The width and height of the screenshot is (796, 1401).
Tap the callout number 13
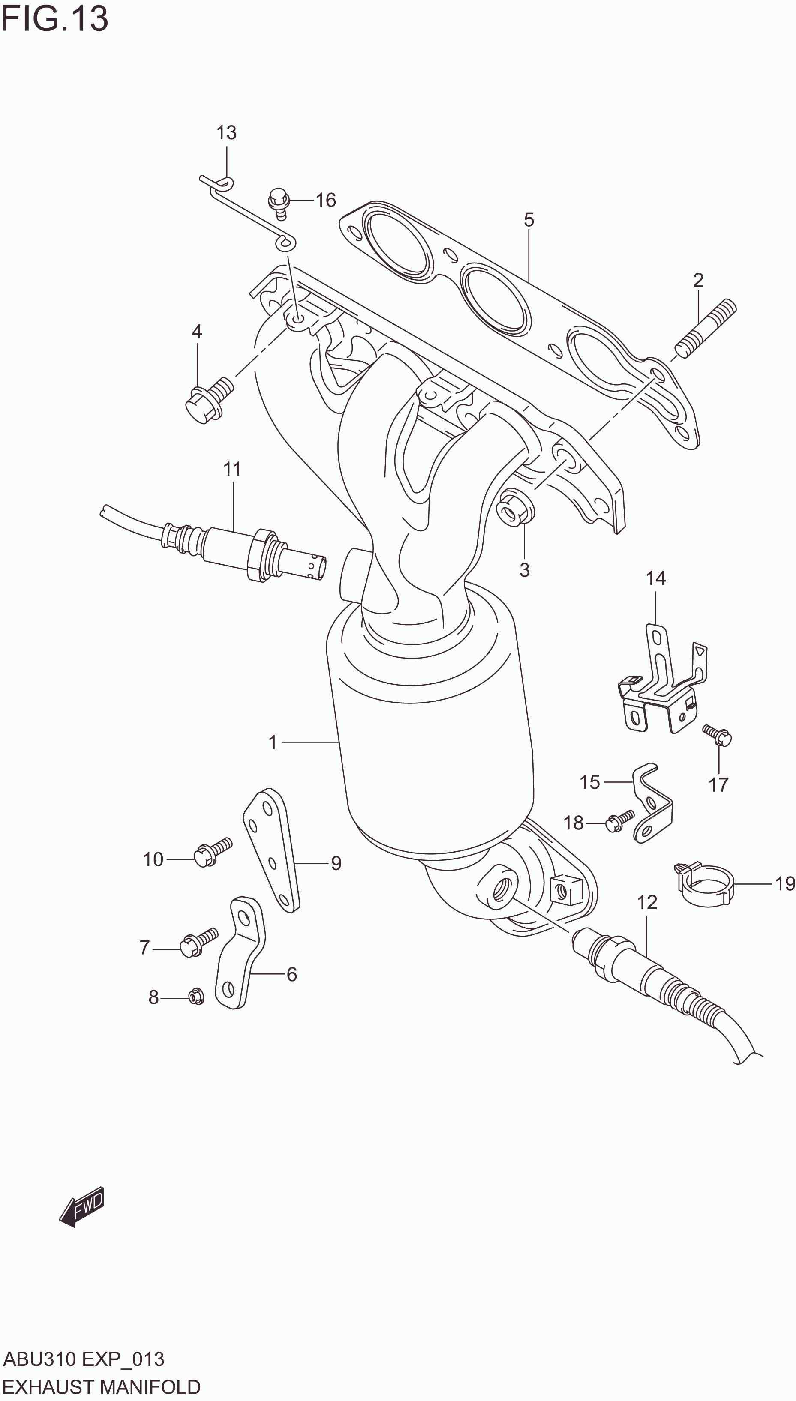coord(226,133)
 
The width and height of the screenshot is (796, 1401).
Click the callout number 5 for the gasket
coord(528,220)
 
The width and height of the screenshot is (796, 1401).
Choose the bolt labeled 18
coord(620,821)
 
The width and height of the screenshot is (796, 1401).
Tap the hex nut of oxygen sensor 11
coord(260,554)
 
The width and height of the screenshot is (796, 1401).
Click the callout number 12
coord(647,902)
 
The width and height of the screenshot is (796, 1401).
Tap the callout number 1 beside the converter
coord(273,742)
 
